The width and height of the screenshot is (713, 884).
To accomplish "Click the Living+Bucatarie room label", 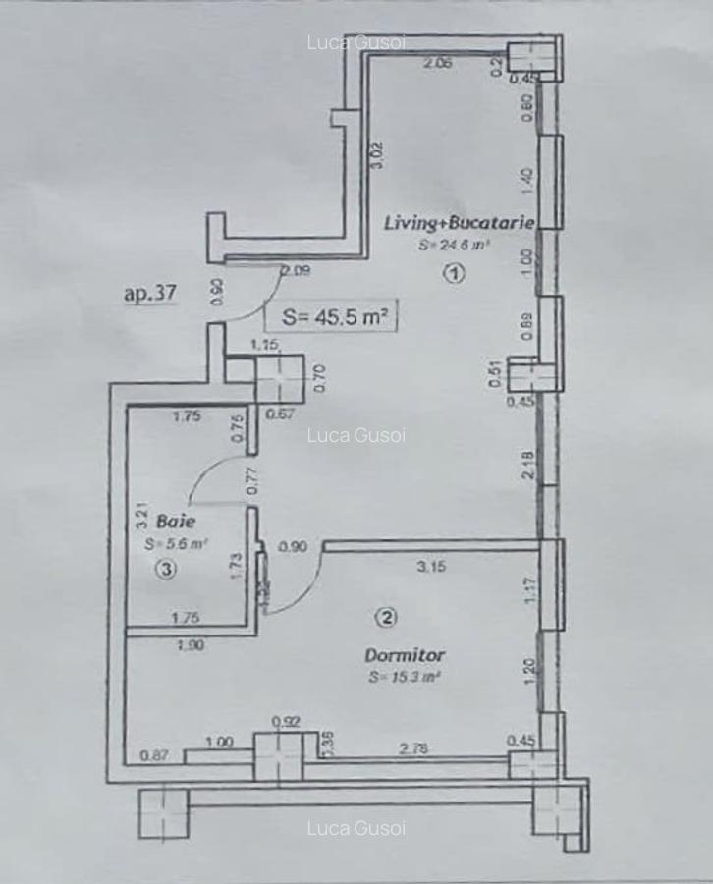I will coord(460,223).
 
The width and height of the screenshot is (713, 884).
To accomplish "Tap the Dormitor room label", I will coord(405,654).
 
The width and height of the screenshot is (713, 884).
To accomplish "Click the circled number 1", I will coord(453,275).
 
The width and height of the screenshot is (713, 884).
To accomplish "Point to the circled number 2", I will coord(386,618).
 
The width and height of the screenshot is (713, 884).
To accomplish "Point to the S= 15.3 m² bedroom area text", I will coord(404,677).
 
